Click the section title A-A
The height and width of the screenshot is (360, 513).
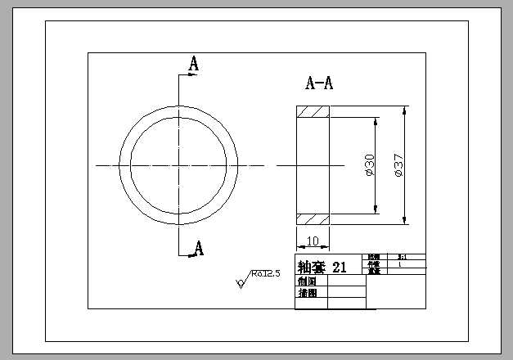click(x=319, y=83)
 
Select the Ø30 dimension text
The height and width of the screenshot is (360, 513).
click(x=369, y=165)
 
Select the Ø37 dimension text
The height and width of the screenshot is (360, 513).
click(x=398, y=165)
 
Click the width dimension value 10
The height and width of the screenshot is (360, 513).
click(x=313, y=241)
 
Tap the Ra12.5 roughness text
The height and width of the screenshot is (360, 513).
click(x=266, y=273)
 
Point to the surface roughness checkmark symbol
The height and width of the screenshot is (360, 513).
click(x=241, y=283)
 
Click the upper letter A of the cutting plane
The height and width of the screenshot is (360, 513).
click(x=194, y=63)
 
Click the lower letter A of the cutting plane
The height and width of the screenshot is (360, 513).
click(x=198, y=248)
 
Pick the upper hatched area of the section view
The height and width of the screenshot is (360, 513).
click(x=313, y=112)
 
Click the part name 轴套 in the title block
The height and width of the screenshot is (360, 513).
click(x=312, y=267)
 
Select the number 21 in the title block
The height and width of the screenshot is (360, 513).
click(x=340, y=267)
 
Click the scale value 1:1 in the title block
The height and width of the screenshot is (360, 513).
click(x=401, y=257)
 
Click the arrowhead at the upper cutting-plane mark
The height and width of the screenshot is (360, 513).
click(x=196, y=75)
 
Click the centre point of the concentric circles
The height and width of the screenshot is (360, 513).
click(x=179, y=165)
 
